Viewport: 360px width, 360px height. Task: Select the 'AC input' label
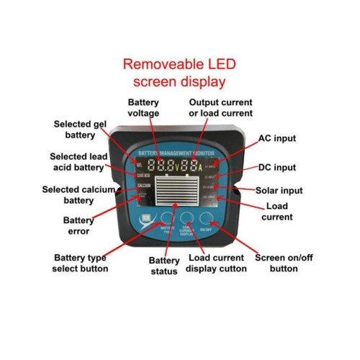tap(276, 138)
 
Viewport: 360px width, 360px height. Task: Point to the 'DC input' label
tap(276, 167)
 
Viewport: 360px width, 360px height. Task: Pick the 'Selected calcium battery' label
tap(76, 194)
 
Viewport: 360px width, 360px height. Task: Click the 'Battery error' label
tap(78, 226)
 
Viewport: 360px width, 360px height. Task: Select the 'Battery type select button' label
tap(81, 263)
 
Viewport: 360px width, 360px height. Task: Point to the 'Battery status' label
tap(163, 265)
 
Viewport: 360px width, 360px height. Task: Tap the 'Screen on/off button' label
tap(276, 263)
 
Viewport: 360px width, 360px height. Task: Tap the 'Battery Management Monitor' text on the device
tap(179, 154)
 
